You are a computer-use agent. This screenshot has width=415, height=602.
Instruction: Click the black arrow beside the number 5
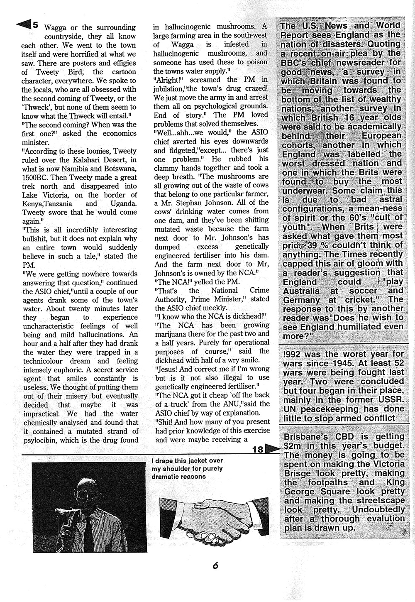pyautogui.click(x=23, y=25)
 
